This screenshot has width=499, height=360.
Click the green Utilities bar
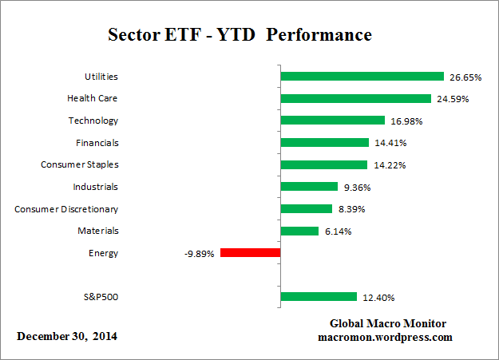(362, 77)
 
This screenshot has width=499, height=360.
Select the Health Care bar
(356, 99)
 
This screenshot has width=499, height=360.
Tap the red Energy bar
(250, 253)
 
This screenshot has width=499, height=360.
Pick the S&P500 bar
(319, 297)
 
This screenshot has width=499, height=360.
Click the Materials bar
(299, 231)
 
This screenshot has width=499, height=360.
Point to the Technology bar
(332, 121)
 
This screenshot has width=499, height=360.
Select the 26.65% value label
(465, 77)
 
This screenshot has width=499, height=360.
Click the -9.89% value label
(198, 254)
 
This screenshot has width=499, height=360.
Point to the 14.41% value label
(390, 144)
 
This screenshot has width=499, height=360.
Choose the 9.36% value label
(356, 188)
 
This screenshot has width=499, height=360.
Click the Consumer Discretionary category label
(66, 209)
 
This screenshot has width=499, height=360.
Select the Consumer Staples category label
(79, 164)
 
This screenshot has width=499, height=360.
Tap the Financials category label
(93, 143)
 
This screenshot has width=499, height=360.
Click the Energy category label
(103, 253)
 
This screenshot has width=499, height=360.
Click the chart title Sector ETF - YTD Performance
(240, 36)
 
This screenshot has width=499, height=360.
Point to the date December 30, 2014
(67, 336)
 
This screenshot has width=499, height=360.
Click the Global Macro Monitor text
(388, 323)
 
